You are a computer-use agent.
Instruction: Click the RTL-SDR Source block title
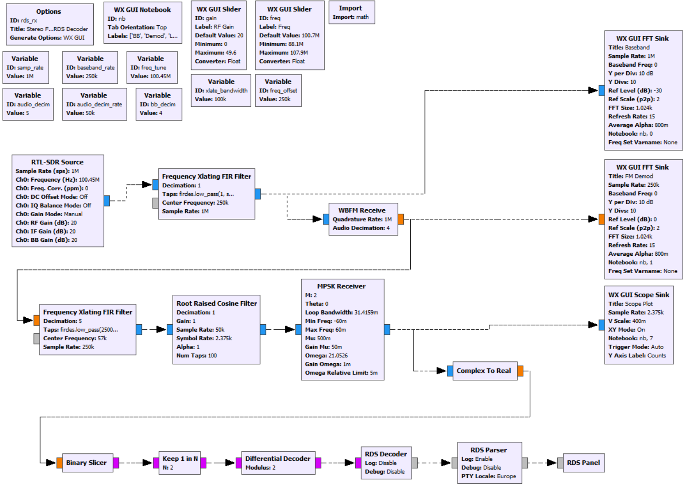57,162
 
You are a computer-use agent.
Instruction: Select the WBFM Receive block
363,219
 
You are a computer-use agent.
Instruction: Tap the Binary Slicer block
86,463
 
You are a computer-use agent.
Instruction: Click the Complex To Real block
484,371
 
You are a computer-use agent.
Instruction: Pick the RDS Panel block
583,463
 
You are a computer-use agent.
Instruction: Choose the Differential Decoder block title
277,458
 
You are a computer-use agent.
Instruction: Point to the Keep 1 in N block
180,463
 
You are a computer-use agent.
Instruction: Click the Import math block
351,12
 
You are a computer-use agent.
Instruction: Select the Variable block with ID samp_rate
25,67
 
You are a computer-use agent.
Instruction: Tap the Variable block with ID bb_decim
159,104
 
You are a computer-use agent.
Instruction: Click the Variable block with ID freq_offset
278,90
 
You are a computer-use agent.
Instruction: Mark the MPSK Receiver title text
341,286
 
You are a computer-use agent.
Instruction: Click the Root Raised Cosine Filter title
216,304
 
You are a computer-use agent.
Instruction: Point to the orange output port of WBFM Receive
401,219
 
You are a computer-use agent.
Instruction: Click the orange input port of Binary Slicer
60,463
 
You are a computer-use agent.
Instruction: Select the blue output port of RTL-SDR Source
107,201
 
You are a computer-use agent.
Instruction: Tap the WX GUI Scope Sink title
639,295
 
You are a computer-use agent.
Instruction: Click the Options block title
49,11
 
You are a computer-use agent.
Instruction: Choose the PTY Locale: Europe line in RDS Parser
488,476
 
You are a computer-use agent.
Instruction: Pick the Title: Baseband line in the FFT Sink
629,47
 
